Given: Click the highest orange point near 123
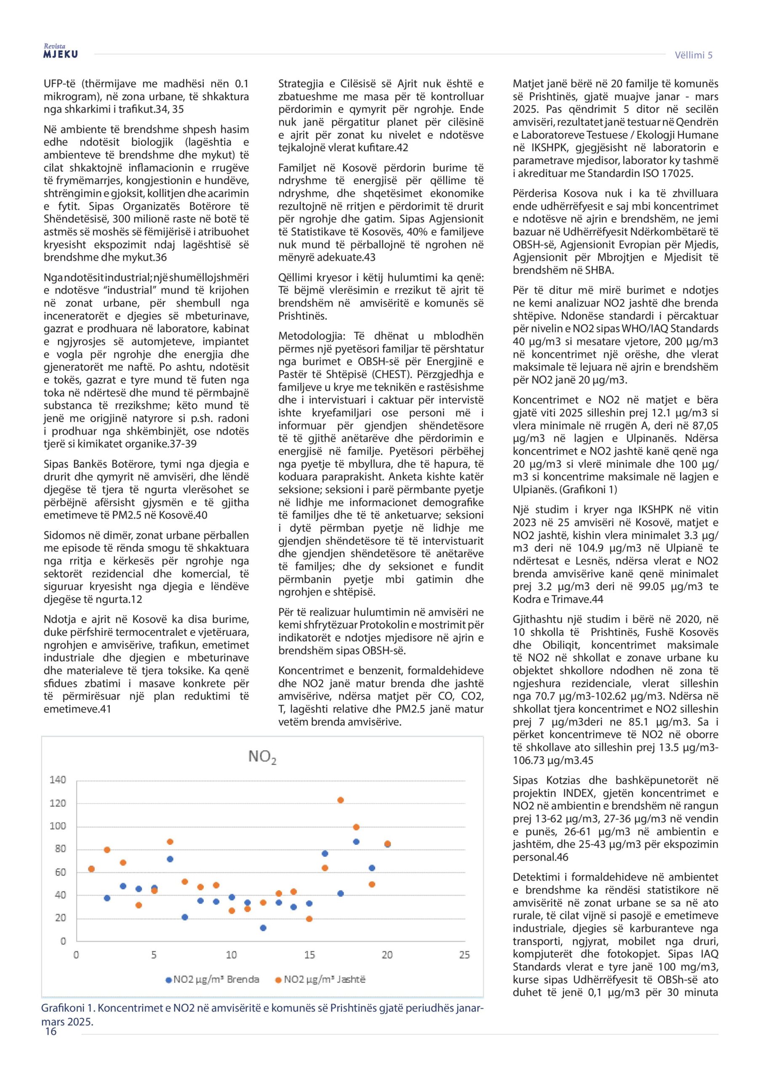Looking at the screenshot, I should click(341, 800).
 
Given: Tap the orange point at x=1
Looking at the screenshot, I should click(91, 869).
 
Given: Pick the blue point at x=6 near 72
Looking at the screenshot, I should click(170, 859).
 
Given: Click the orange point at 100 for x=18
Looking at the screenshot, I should click(356, 827).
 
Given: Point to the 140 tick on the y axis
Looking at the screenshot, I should click(58, 780).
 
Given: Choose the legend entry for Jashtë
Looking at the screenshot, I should click(325, 979).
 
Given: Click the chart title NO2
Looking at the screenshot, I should click(262, 757).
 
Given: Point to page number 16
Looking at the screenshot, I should click(50, 1032).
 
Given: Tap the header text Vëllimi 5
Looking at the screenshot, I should click(693, 55).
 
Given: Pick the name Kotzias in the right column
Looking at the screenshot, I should click(563, 780).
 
